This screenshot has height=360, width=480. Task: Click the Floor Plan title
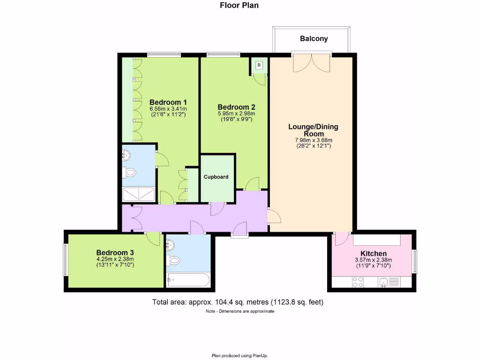pyautogui.click(x=239, y=6)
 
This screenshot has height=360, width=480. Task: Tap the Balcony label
pyautogui.click(x=314, y=39)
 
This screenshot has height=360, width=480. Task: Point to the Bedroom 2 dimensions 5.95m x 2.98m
pyautogui.click(x=236, y=113)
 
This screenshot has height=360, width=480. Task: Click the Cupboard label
pyautogui.click(x=216, y=177)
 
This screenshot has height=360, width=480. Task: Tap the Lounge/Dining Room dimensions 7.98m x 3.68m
pyautogui.click(x=313, y=140)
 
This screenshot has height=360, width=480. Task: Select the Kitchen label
pyautogui.click(x=373, y=254)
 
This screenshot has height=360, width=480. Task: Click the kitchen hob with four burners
pyautogui.click(x=358, y=282)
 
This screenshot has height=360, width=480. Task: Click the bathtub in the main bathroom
pyautogui.click(x=187, y=280)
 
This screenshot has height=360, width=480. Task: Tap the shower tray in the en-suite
pyautogui.click(x=138, y=194)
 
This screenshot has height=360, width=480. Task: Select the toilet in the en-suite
pyautogui.click(x=129, y=173)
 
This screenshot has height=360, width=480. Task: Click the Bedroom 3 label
pyautogui.click(x=115, y=252)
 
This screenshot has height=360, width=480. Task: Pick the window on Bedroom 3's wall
pyautogui.click(x=66, y=260)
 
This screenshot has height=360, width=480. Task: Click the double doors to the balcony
pyautogui.click(x=312, y=62)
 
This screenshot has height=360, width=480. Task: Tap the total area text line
pyautogui.click(x=238, y=302)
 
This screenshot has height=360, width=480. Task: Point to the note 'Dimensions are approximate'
pyautogui.click(x=240, y=311)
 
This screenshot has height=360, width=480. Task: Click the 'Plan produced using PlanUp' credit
pyautogui.click(x=240, y=355)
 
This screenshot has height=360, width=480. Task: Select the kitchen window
pyautogui.click(x=414, y=261)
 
